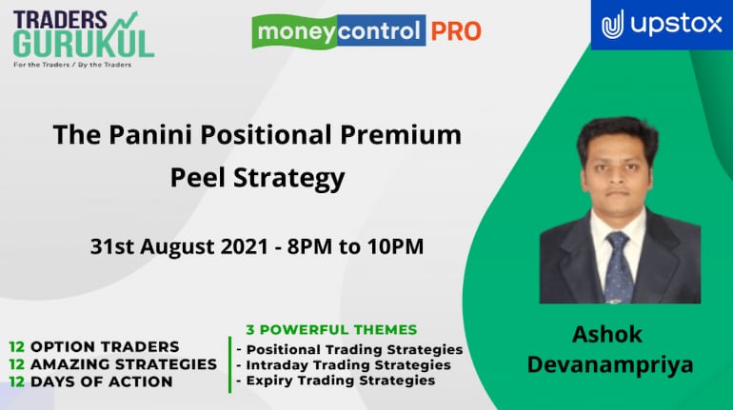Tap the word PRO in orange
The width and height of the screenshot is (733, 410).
[x=456, y=31]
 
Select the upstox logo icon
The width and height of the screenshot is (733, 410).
[x=612, y=25]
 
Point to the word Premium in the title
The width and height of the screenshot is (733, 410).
[x=401, y=135]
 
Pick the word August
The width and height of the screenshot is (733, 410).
[x=177, y=247]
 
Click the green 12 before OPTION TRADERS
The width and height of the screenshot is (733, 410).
[x=16, y=347]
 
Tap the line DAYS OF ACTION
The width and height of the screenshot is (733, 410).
[x=102, y=381]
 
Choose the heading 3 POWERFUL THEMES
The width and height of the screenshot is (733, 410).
[x=331, y=330]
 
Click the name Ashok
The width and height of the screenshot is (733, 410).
[x=607, y=334]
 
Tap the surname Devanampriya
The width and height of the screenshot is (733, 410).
[x=610, y=365]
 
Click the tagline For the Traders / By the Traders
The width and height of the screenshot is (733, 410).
[x=72, y=65]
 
